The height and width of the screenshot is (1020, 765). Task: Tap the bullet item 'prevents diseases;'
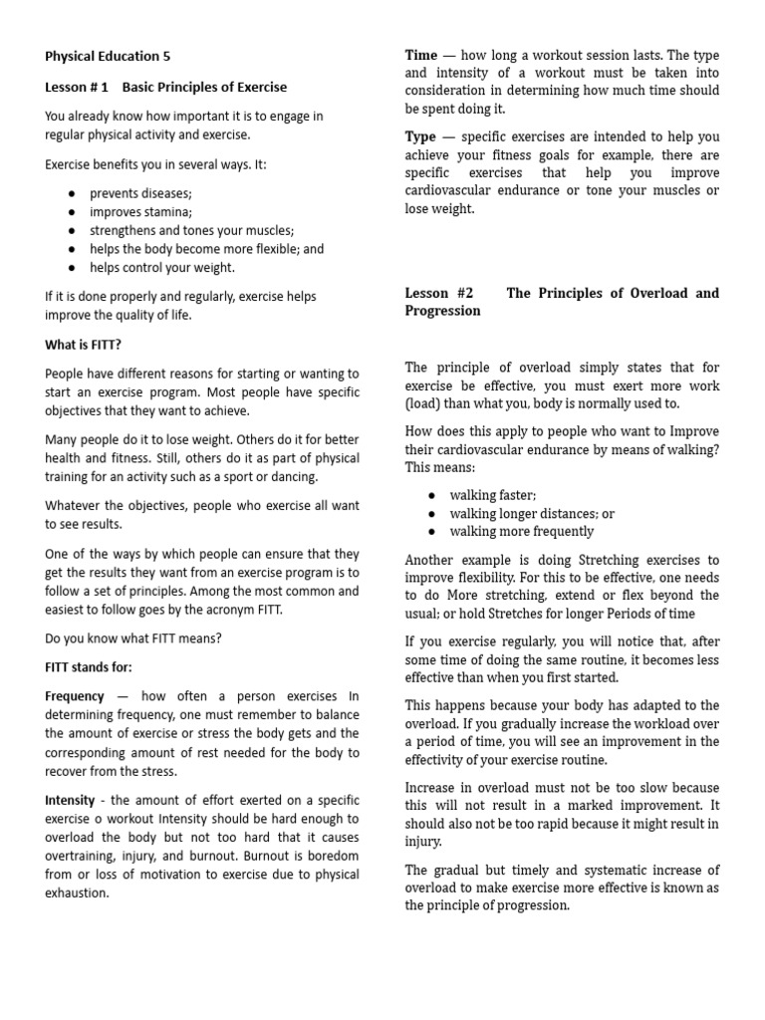pyautogui.click(x=140, y=193)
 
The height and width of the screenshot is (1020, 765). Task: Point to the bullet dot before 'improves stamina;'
pyautogui.click(x=73, y=212)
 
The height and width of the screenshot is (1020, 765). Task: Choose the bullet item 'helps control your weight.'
pyautogui.click(x=162, y=267)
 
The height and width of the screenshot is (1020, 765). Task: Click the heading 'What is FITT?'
pyautogui.click(x=83, y=345)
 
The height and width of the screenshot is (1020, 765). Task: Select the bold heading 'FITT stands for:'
pyautogui.click(x=88, y=666)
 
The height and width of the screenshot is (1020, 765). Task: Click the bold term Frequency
pyautogui.click(x=75, y=696)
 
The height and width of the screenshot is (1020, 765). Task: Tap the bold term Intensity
pyautogui.click(x=70, y=800)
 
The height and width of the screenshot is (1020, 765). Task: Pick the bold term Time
pyautogui.click(x=420, y=56)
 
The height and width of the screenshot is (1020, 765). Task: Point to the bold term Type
pyautogui.click(x=420, y=136)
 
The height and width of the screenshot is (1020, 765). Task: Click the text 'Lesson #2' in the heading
pyautogui.click(x=439, y=293)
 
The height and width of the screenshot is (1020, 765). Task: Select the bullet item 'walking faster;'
pyautogui.click(x=492, y=495)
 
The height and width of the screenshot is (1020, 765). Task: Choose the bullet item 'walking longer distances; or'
pyautogui.click(x=532, y=513)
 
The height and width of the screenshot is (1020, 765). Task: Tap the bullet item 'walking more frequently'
pyautogui.click(x=521, y=532)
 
